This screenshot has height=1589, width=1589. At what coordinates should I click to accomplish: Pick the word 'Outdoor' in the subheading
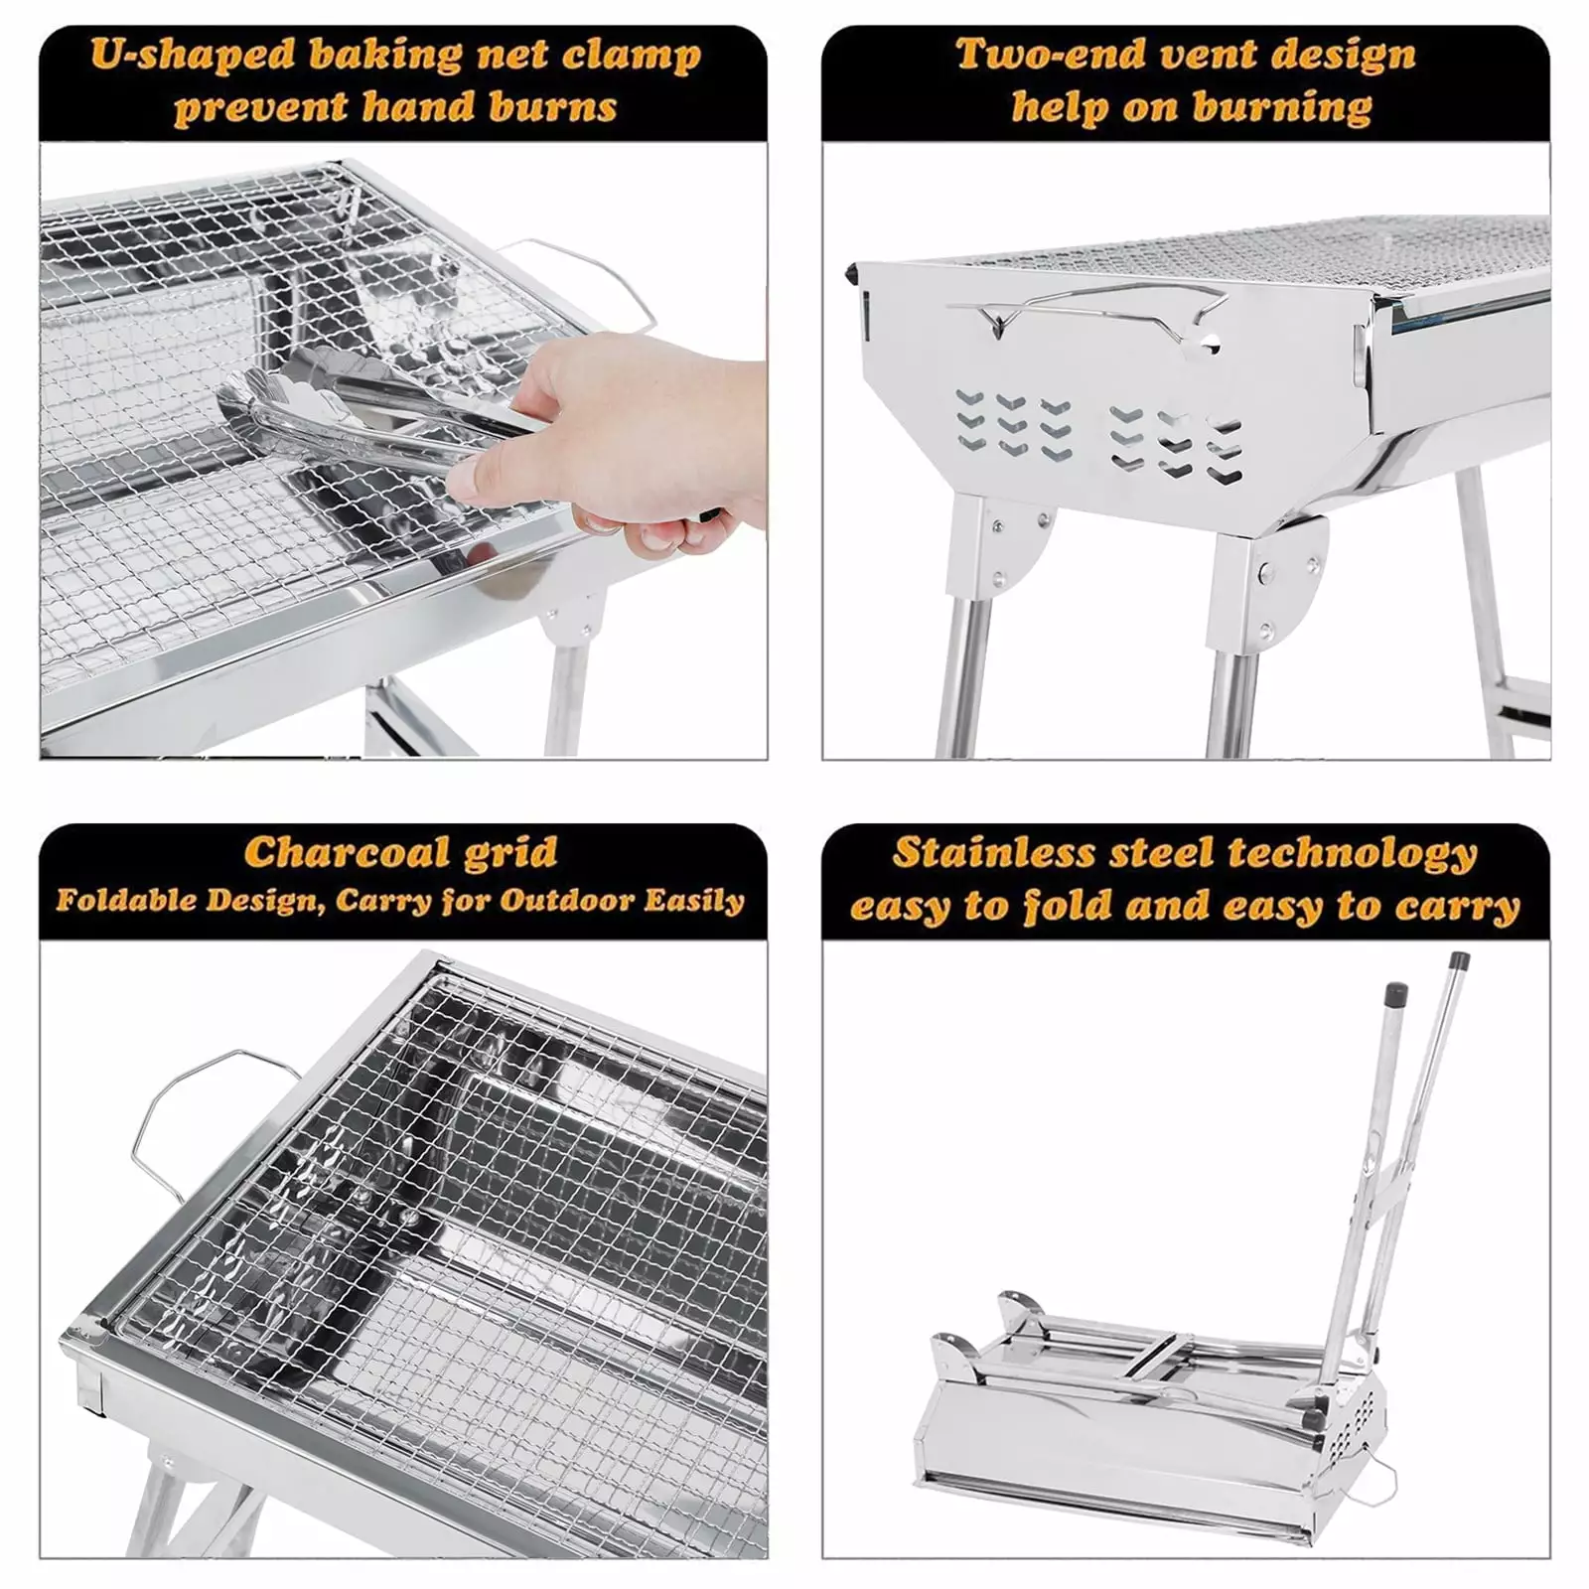point(565,901)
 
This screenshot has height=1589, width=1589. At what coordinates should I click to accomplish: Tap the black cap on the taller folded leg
point(1459,962)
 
